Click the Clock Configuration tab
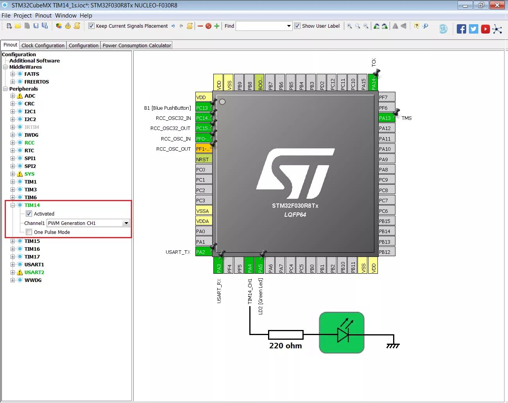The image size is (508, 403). tap(43, 45)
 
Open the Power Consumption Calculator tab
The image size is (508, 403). tap(137, 45)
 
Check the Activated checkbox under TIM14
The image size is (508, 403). tap(29, 214)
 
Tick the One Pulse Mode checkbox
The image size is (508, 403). tap(29, 232)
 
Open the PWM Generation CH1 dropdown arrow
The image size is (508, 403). tap(126, 223)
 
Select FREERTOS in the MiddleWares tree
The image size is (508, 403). tap(36, 82)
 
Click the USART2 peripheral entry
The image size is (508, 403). tap(34, 272)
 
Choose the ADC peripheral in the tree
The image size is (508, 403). tap(30, 96)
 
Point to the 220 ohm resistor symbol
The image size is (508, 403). tap(286, 335)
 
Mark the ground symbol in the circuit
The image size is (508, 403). tap(393, 345)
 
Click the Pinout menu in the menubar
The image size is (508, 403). tap(43, 16)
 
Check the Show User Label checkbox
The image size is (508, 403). tap(297, 26)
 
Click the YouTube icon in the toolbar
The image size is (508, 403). tap(485, 29)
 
